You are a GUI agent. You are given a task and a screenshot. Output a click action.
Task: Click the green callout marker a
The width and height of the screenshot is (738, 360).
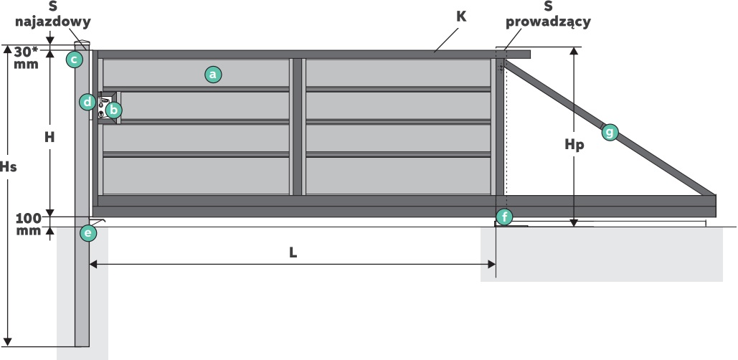(x=212, y=74)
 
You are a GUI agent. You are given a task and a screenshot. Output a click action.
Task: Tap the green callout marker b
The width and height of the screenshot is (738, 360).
(x=113, y=110)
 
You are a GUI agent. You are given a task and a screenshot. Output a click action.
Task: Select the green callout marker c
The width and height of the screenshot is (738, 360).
(x=74, y=59)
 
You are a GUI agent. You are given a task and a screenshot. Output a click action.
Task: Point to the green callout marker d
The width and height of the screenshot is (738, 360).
(x=87, y=102)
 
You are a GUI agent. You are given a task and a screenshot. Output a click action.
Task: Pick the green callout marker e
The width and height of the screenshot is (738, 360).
(x=87, y=233)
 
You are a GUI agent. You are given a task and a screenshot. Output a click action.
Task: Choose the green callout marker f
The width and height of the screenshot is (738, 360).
(x=504, y=217)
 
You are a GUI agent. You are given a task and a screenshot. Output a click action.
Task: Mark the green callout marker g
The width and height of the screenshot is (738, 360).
(x=610, y=131)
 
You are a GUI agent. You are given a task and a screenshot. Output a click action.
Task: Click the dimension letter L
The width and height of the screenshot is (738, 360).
(x=293, y=252)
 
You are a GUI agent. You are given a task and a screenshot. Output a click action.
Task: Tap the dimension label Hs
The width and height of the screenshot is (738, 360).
(x=9, y=166)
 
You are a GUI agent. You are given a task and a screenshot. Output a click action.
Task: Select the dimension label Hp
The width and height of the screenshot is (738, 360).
(x=574, y=144)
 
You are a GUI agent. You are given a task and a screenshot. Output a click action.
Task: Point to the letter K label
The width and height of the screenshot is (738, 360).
(x=461, y=16)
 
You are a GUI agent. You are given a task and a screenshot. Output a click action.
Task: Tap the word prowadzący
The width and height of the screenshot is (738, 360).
(x=548, y=22)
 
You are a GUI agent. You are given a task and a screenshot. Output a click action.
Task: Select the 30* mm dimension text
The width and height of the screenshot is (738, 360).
(x=27, y=57)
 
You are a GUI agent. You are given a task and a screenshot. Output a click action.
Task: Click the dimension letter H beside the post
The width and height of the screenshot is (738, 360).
(x=49, y=136)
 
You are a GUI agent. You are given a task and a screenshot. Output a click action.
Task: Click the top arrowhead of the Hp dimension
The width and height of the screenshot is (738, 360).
(x=574, y=52)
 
